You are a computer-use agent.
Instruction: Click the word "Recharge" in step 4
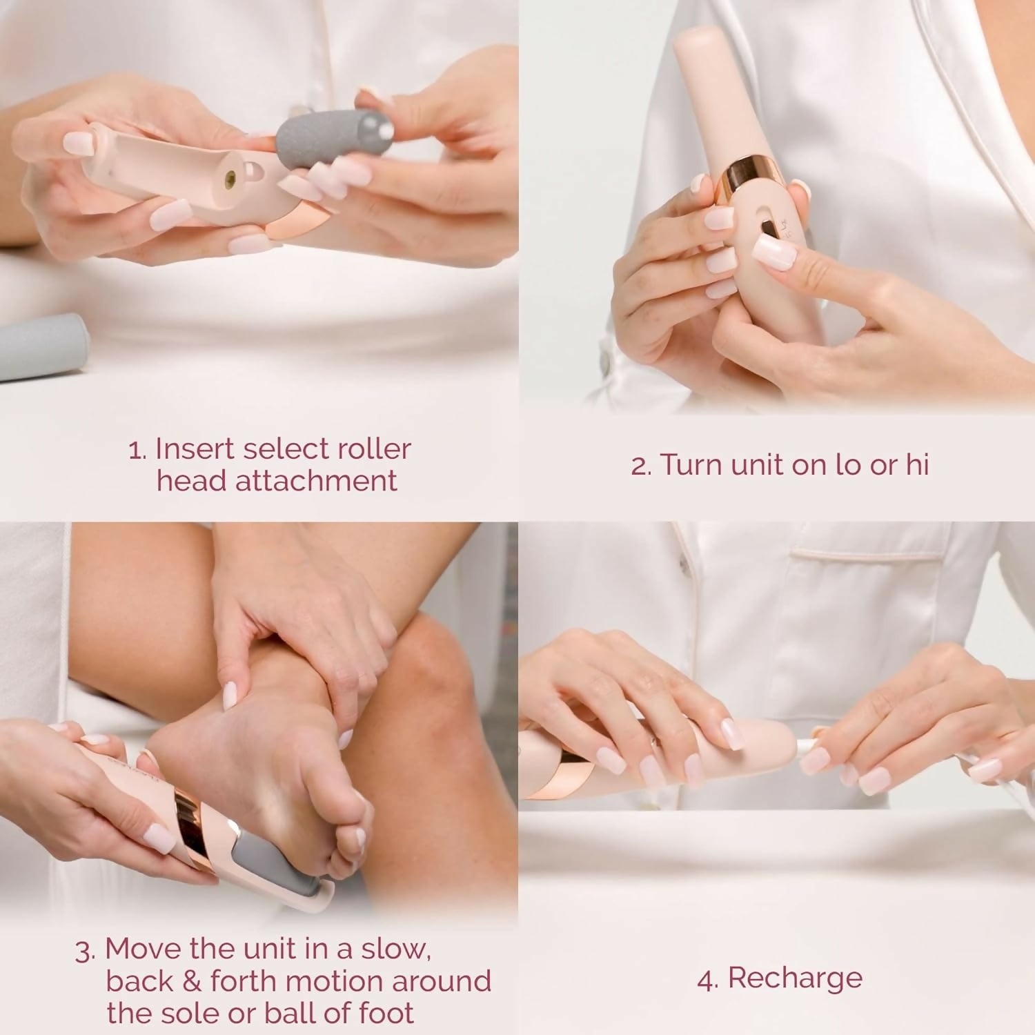795,978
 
